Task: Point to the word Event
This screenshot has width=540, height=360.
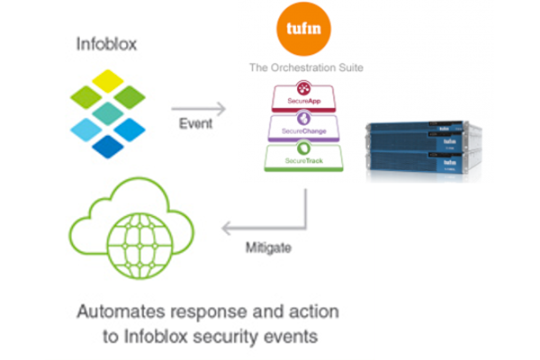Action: [x=197, y=123]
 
